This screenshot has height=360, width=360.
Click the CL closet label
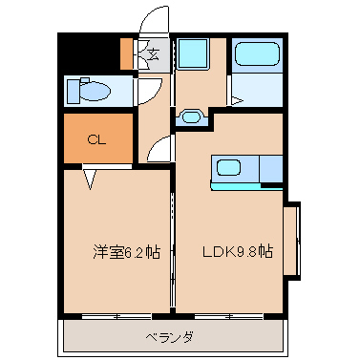[96, 139]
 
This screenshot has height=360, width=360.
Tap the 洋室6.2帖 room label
[126, 252]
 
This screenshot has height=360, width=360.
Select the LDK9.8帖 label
[238, 251]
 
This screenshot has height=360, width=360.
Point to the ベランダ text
[169, 337]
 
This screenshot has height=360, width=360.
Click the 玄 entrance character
[154, 54]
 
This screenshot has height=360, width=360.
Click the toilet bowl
[95, 92]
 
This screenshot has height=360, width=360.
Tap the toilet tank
[74, 92]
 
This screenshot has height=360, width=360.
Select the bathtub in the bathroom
[257, 54]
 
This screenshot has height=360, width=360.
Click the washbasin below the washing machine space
[192, 117]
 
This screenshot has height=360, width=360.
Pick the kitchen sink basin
[228, 168]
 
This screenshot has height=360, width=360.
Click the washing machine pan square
[193, 53]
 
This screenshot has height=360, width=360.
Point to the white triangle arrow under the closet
[90, 180]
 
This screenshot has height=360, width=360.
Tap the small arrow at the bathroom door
[237, 101]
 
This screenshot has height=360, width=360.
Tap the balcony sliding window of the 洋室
[116, 316]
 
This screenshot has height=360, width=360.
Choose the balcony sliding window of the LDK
[229, 316]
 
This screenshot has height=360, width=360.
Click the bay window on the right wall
[292, 241]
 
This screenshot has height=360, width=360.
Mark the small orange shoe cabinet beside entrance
[127, 53]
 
